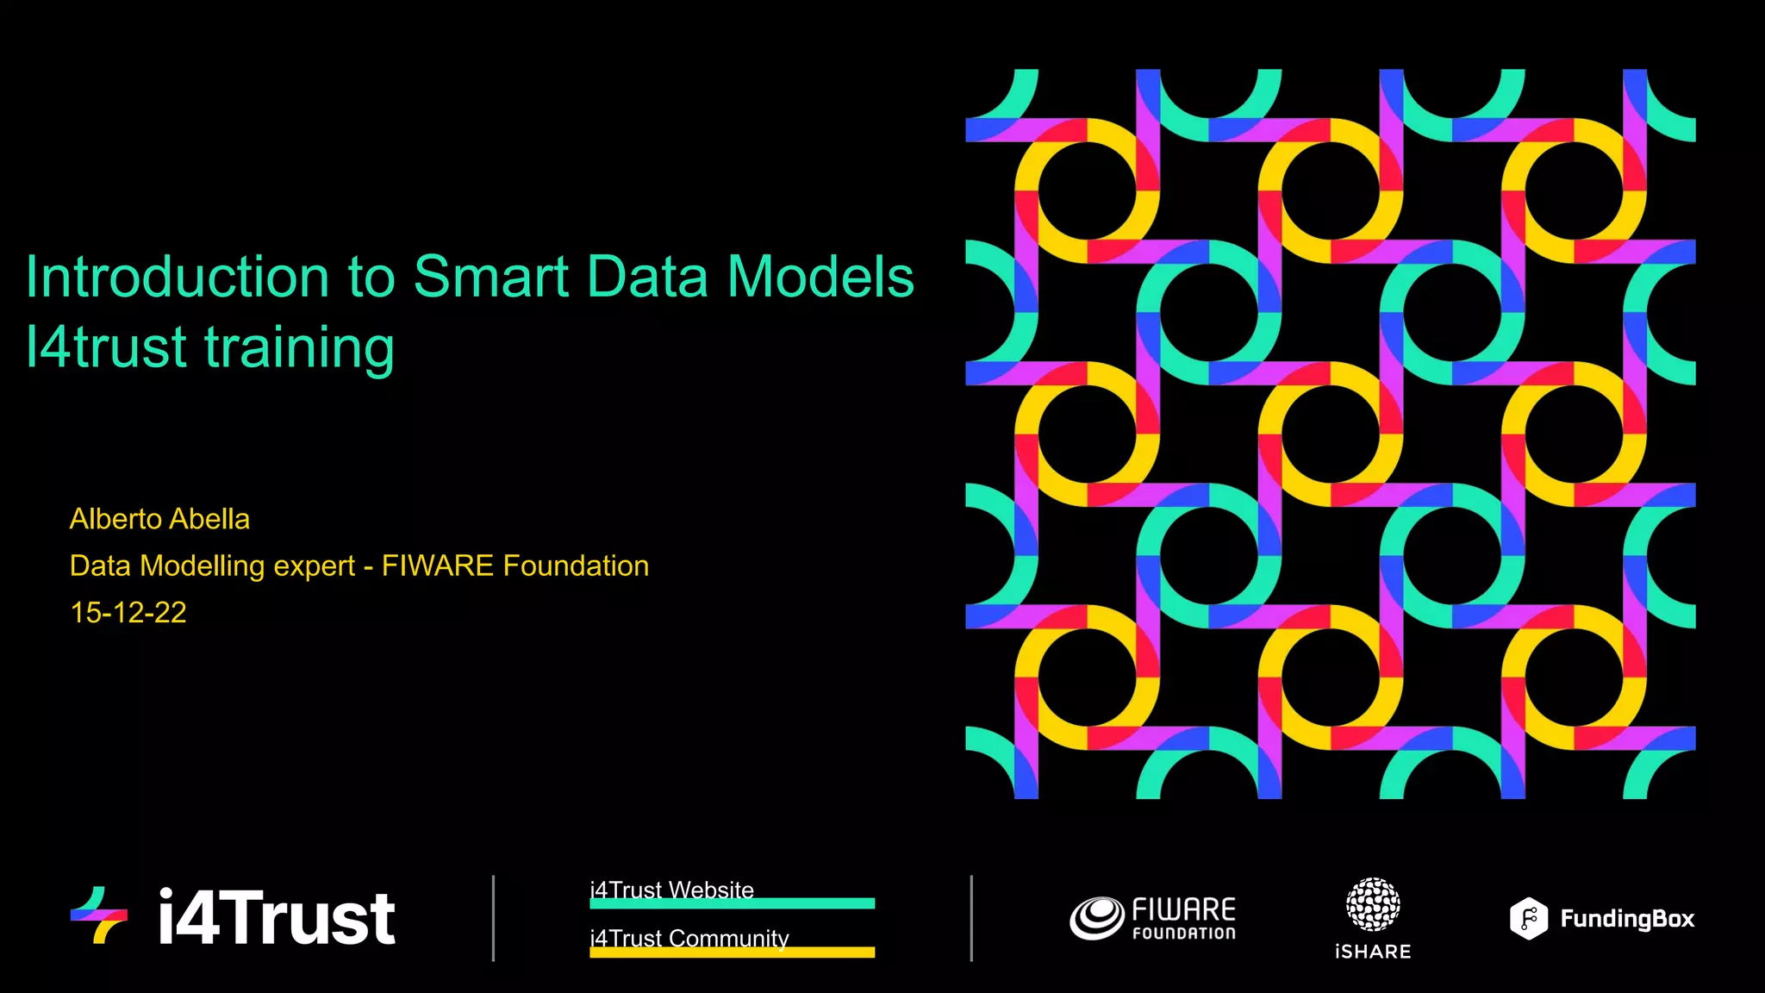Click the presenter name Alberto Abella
(159, 519)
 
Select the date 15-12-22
(128, 613)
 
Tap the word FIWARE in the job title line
(438, 566)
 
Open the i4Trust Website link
(671, 889)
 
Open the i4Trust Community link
(689, 937)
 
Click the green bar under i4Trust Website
(732, 903)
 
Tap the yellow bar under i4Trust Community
(732, 952)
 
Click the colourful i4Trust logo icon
(100, 915)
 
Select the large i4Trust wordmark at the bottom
(277, 919)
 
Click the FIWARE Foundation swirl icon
(1097, 918)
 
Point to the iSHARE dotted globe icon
(1373, 904)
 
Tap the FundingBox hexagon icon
(1529, 919)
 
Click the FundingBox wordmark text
(1627, 920)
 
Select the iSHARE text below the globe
(1373, 952)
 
